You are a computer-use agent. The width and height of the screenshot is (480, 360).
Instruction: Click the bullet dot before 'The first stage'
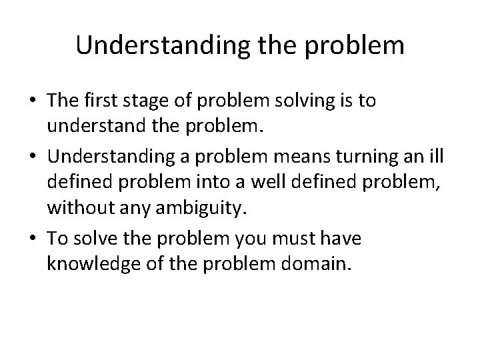pyautogui.click(x=31, y=101)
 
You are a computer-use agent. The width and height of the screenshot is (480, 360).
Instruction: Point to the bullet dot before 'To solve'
pyautogui.click(x=31, y=238)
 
